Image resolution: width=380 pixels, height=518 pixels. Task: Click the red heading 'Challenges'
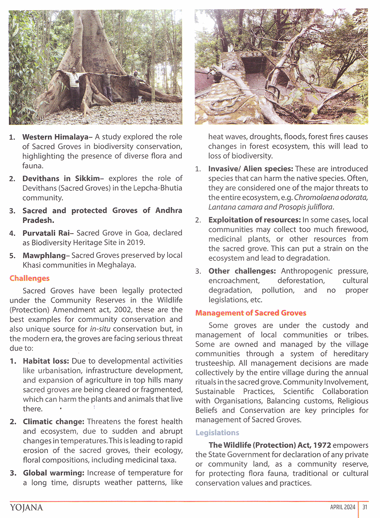[x=29, y=278]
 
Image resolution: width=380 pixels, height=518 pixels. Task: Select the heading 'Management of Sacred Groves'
[x=250, y=313]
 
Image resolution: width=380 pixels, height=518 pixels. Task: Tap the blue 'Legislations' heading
[x=217, y=433]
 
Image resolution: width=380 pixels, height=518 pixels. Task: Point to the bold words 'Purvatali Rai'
[x=46, y=233]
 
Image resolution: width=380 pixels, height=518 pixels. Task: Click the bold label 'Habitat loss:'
[x=46, y=361]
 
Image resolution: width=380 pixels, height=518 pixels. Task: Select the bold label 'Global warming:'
[x=54, y=473]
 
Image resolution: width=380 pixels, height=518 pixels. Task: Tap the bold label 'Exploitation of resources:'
[x=254, y=220]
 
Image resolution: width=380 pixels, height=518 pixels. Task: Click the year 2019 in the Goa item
[x=136, y=242]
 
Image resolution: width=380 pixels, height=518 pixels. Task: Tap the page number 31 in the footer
[x=365, y=507]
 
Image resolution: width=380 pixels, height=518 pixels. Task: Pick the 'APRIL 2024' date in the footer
[x=342, y=507]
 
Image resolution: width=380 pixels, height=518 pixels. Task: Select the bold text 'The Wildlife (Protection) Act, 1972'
[x=269, y=445]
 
